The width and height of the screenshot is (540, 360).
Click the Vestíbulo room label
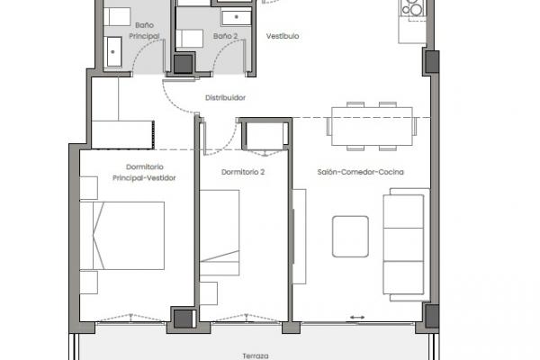point(283,36)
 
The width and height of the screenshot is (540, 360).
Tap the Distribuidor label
point(226,97)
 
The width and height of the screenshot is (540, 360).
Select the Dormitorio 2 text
point(243,172)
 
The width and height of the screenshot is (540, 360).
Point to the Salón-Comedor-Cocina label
point(360,172)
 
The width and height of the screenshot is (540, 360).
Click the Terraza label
point(256,355)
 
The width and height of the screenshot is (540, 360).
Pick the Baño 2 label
point(225,36)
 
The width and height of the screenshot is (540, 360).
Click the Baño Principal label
point(144,31)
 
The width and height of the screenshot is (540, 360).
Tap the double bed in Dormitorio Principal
point(121,236)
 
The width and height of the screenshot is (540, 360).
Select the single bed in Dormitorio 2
point(220,232)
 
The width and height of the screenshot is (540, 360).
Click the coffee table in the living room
point(350,237)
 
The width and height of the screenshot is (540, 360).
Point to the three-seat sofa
point(406,245)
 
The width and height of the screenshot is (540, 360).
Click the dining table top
point(372,126)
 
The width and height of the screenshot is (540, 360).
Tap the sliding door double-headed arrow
point(357,318)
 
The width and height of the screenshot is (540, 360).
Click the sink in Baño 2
point(236,17)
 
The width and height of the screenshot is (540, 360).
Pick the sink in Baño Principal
point(114,51)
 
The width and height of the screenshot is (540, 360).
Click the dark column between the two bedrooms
point(184,319)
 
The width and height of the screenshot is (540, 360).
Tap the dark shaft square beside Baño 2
point(183,64)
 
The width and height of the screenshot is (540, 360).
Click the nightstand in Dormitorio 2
point(209,293)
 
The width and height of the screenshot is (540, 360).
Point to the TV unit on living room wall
point(300,237)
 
